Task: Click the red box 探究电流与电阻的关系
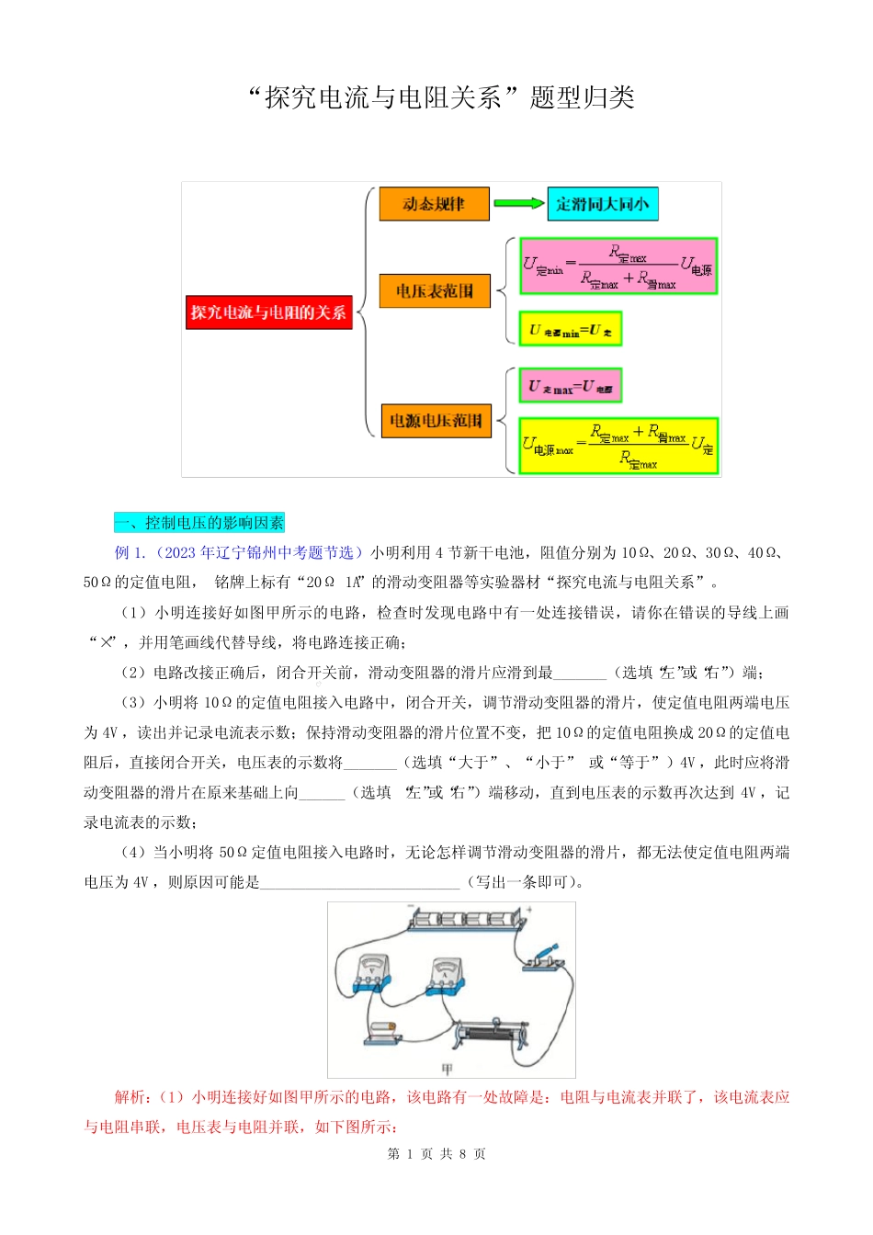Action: click(x=268, y=312)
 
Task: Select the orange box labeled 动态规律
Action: click(x=434, y=204)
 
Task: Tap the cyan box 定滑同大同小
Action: click(x=603, y=204)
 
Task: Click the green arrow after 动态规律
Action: click(x=518, y=204)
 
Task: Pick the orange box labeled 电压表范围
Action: click(x=435, y=291)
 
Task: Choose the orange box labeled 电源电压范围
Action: click(x=436, y=421)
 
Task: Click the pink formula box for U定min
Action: click(x=618, y=266)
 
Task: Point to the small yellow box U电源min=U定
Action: click(x=571, y=329)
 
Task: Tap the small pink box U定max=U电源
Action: click(x=571, y=386)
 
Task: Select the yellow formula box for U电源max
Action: click(x=618, y=446)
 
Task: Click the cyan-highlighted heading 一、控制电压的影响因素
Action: click(x=199, y=523)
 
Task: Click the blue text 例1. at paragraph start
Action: click(x=130, y=552)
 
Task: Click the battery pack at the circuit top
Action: click(x=466, y=919)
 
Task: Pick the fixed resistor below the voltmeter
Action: click(x=381, y=1032)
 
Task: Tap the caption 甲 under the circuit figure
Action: click(x=448, y=1069)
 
